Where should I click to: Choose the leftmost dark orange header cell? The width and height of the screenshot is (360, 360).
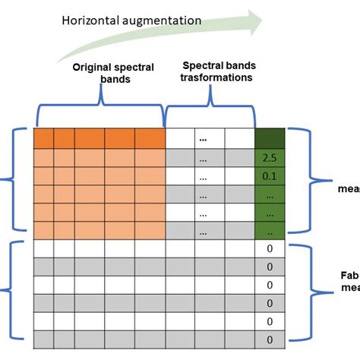[x=43, y=140]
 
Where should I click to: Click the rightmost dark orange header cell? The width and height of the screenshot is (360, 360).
[x=150, y=140]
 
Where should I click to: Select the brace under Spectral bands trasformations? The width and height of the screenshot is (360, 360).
[x=210, y=114]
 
